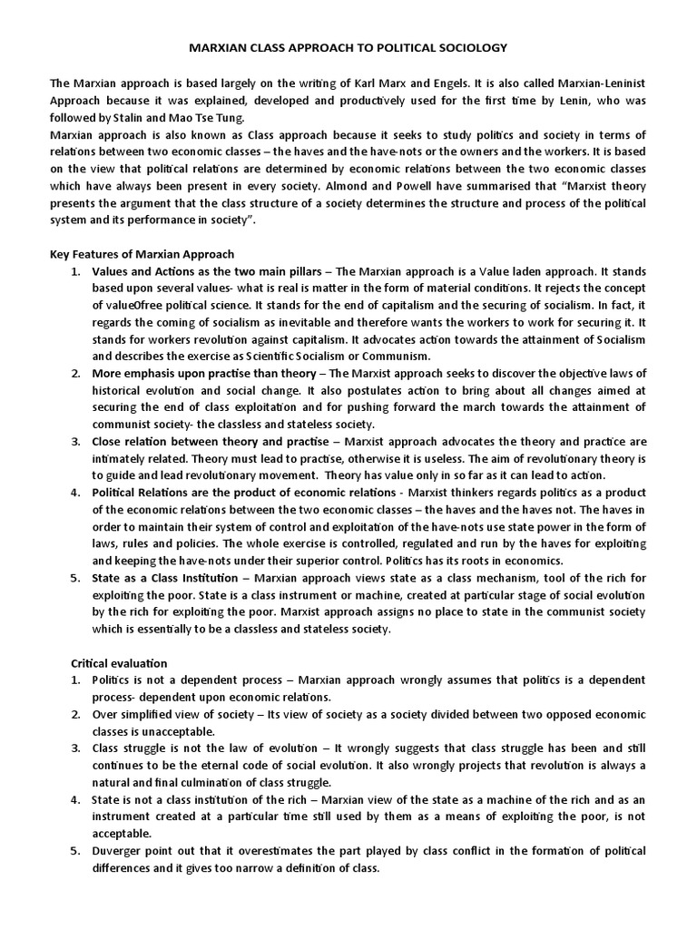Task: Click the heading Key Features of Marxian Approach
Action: pyautogui.click(x=141, y=253)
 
